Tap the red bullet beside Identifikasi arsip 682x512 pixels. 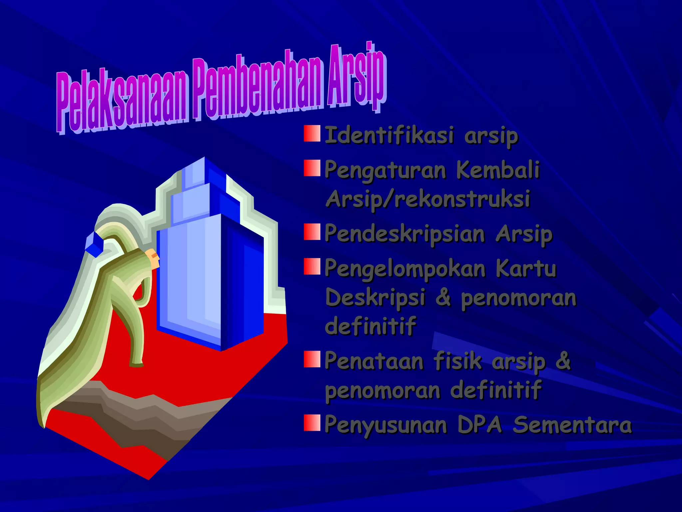312,134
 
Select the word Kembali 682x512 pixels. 498,170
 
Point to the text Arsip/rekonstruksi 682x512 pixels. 428,199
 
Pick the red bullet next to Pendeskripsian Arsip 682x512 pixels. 312,232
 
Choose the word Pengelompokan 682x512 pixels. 404,269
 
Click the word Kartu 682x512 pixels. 526,268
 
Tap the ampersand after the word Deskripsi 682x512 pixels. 443,297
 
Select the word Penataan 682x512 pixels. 374,361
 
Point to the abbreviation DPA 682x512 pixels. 480,425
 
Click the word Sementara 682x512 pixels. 572,425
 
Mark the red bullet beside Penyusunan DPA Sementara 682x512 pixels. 312,423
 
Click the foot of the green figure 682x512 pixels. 137,364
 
